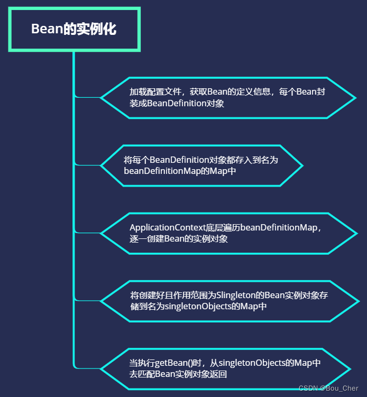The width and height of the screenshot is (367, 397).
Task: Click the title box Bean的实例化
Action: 74,29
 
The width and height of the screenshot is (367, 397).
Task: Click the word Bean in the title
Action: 47,29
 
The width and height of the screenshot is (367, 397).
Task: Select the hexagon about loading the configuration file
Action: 228,97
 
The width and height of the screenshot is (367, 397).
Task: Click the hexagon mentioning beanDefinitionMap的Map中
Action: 201,165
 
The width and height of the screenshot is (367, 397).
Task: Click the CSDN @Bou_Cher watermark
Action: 328,389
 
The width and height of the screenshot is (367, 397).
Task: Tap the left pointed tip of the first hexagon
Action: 101,98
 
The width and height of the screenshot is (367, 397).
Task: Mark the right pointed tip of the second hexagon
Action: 302,165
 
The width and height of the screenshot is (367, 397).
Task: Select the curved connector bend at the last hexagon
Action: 76,366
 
